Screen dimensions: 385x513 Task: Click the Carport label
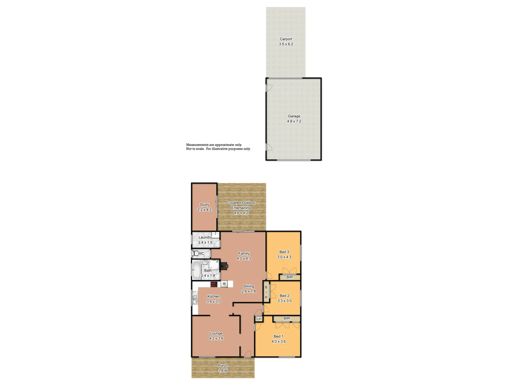[x=286, y=39]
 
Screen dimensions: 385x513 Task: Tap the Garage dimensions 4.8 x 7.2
[x=294, y=121]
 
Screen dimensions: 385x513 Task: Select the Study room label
[x=204, y=205]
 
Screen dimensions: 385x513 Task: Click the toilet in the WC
[x=196, y=253]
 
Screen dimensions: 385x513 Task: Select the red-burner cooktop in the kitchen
[x=214, y=284]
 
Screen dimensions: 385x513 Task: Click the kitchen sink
[x=195, y=299]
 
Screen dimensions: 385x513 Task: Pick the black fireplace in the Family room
[x=224, y=266]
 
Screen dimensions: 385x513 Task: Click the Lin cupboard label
[x=259, y=319]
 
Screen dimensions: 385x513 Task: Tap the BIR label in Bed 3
[x=290, y=277]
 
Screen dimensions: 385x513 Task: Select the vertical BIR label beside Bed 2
[x=266, y=292]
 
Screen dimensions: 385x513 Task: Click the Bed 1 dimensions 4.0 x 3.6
[x=279, y=342]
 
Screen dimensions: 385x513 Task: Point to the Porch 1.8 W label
[x=223, y=368]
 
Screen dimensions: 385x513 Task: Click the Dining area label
[x=249, y=286]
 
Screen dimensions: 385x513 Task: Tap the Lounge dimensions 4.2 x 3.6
[x=216, y=339]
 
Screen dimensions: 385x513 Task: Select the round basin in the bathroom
[x=205, y=262]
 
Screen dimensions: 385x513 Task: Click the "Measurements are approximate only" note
[x=214, y=145]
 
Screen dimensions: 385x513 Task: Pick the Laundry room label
[x=205, y=237]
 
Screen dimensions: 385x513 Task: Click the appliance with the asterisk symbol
[x=224, y=284]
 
